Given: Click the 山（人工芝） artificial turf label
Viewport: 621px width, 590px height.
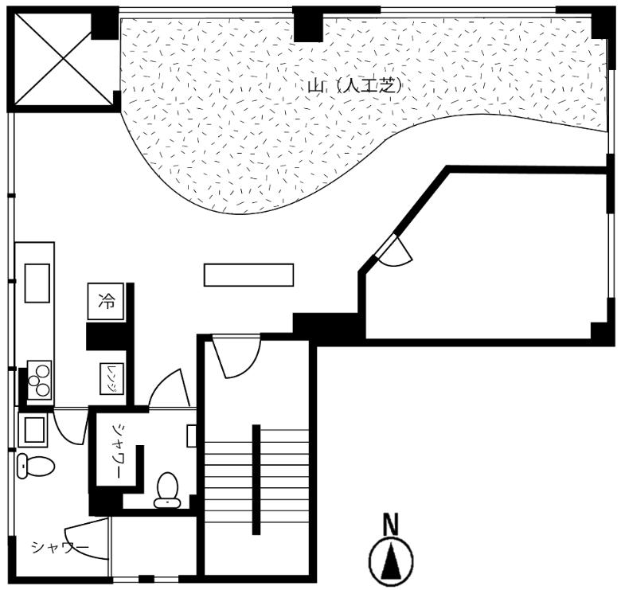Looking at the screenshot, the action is pyautogui.click(x=355, y=86).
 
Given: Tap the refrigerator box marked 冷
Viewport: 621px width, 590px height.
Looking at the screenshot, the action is pyautogui.click(x=105, y=301).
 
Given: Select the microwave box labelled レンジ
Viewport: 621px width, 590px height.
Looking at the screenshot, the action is pyautogui.click(x=111, y=379).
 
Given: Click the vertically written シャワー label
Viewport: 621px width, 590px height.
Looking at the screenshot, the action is pyautogui.click(x=117, y=451).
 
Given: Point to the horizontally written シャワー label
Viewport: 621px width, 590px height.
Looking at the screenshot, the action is pyautogui.click(x=61, y=547).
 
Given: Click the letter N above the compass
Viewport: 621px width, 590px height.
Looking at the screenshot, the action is pyautogui.click(x=391, y=524).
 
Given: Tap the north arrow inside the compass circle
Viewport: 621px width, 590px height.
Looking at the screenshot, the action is pyautogui.click(x=391, y=561).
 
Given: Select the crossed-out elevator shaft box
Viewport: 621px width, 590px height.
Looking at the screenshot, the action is pyautogui.click(x=64, y=60).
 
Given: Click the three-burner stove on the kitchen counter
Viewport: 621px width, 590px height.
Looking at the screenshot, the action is pyautogui.click(x=39, y=380).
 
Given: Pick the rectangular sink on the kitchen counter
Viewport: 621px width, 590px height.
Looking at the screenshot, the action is pyautogui.click(x=37, y=283).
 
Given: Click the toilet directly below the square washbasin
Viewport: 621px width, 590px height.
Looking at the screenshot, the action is pyautogui.click(x=35, y=466).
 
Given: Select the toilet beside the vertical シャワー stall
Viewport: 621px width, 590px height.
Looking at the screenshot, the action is pyautogui.click(x=167, y=490).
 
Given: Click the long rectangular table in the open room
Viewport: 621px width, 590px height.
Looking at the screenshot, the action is pyautogui.click(x=248, y=275).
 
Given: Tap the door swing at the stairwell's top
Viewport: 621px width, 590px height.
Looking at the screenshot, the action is pyautogui.click(x=236, y=357).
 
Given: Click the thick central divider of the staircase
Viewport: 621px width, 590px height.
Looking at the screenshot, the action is pyautogui.click(x=256, y=479).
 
